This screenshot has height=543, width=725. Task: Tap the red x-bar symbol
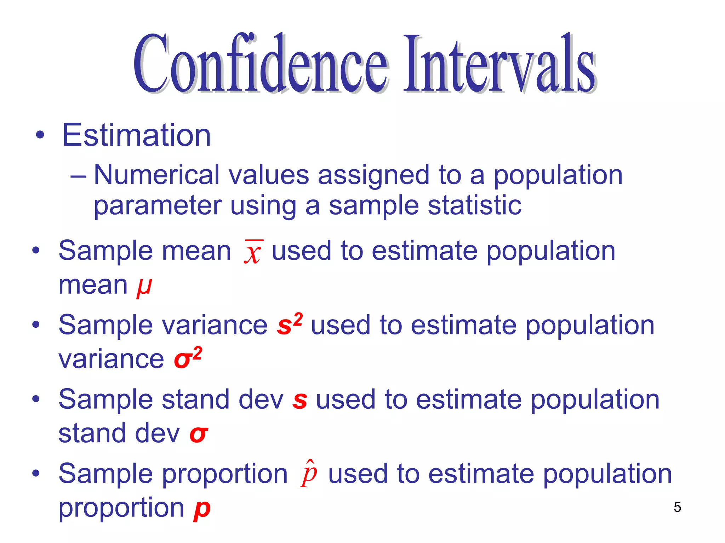tap(253, 252)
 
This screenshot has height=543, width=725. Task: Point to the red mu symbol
tap(144, 286)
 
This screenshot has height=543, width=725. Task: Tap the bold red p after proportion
tap(202, 509)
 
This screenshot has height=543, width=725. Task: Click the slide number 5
tap(677, 507)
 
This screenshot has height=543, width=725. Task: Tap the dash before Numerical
tap(78, 176)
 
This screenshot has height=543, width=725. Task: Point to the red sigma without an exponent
tap(198, 434)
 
